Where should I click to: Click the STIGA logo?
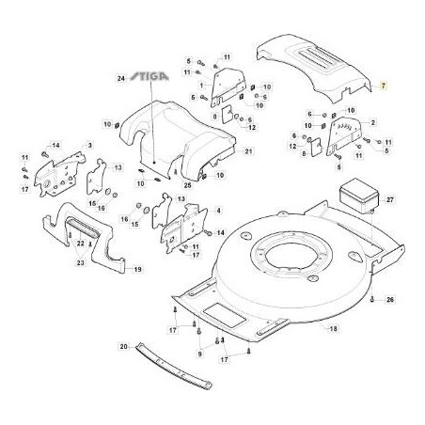[150, 76]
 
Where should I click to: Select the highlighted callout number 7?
[384, 86]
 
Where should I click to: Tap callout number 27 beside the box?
[390, 199]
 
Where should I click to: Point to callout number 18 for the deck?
[334, 328]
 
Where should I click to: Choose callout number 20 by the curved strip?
[124, 346]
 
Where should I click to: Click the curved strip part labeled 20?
[173, 366]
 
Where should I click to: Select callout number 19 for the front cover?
[137, 269]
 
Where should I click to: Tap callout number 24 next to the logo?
[121, 78]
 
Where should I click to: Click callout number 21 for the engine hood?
[248, 151]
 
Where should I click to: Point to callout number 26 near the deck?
[390, 300]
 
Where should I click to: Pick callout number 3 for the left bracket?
[90, 145]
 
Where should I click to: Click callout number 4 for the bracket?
[218, 211]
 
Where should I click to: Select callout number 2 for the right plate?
[373, 122]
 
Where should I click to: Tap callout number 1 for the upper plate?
[201, 85]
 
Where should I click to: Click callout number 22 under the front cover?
[81, 244]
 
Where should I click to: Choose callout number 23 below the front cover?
[81, 262]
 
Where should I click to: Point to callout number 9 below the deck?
[199, 354]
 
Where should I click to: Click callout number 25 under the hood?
[187, 185]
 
